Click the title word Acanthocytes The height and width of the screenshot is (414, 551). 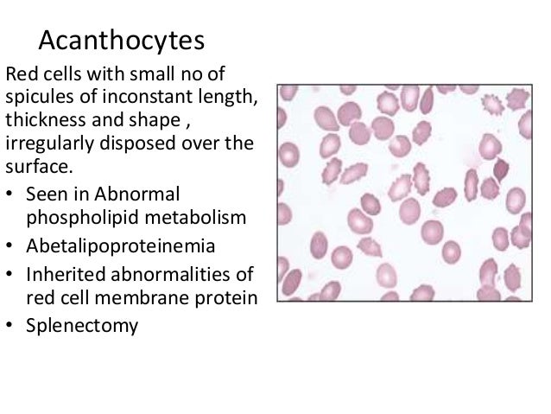click(x=122, y=41)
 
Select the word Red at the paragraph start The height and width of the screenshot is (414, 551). click(x=21, y=73)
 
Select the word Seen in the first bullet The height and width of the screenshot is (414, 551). click(x=48, y=192)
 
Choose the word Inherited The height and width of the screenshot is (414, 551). click(x=68, y=275)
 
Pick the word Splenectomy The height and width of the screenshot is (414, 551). click(x=83, y=328)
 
